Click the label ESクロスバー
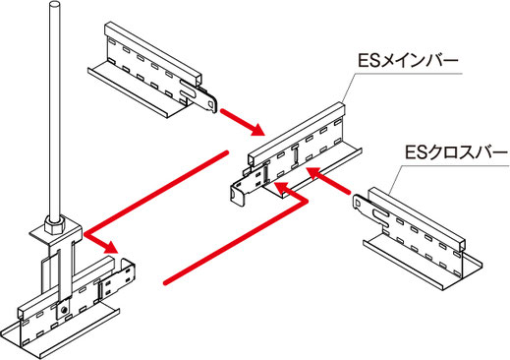tap(456, 153)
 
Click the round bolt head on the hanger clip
tap(65, 309)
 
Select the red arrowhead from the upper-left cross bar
tap(257, 129)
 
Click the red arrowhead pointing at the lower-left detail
tap(110, 247)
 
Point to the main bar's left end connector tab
tap(241, 192)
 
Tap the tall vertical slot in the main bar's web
tap(296, 156)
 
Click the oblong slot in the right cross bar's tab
tap(380, 214)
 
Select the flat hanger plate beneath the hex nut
tap(56, 233)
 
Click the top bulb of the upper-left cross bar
tap(153, 52)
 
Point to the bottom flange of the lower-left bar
tap(61, 328)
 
